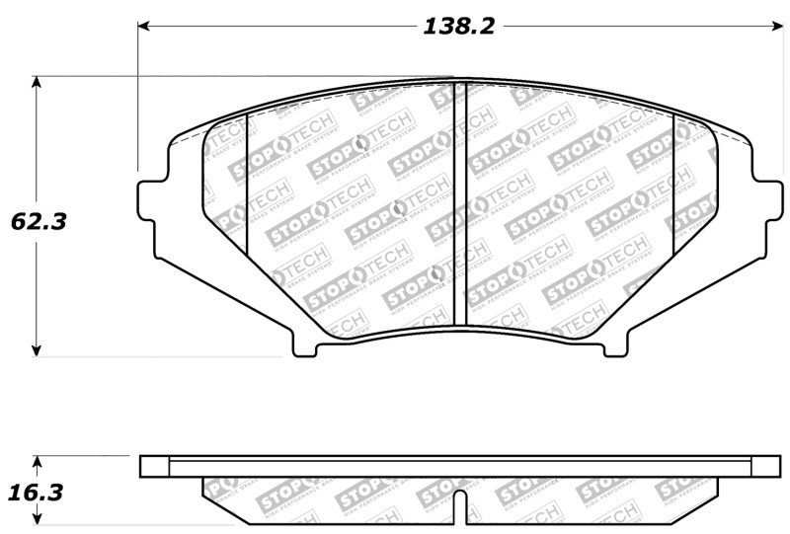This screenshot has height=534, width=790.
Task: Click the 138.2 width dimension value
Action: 458,27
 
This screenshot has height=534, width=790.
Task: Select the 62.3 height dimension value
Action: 39,222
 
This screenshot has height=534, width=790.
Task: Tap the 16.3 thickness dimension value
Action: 39,491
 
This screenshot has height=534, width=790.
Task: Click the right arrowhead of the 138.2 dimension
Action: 774,27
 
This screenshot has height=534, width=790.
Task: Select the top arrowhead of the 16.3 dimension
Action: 38,461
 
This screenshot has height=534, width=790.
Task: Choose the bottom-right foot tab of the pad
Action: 615,346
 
